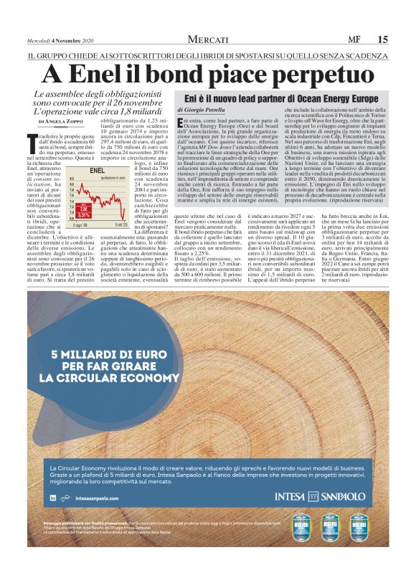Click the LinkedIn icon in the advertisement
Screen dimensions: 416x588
pyautogui.click(x=53, y=498)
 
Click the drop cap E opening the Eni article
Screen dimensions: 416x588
pyautogui.click(x=180, y=125)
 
